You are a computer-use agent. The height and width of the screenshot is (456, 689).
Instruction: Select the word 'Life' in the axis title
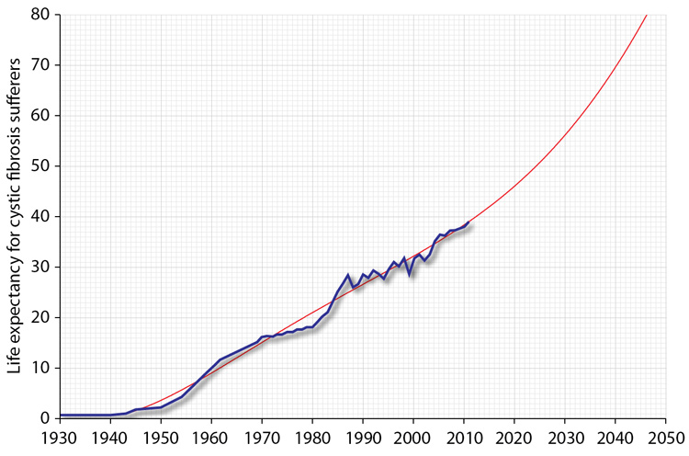(15, 361)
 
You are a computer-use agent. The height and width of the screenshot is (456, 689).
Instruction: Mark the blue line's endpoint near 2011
(469, 222)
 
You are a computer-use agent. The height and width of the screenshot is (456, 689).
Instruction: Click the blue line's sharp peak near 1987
(348, 275)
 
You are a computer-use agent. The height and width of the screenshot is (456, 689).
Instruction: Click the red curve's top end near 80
(647, 15)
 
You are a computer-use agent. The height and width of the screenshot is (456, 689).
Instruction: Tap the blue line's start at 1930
(61, 415)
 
